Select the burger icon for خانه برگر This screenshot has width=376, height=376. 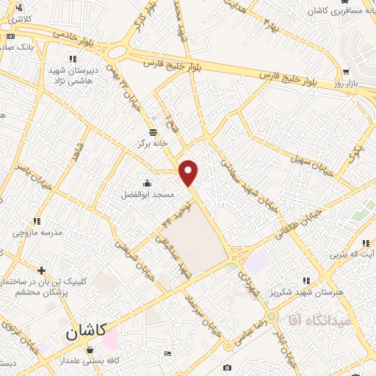[x=152, y=132]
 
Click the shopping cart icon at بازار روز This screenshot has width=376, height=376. [x=344, y=73]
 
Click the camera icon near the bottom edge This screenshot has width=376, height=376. [x=228, y=367]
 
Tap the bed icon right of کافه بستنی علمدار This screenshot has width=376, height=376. [x=167, y=354]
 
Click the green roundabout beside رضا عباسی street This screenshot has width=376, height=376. [x=272, y=317]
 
